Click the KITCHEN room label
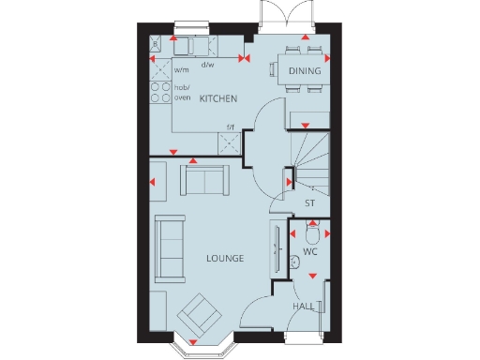[x=217, y=99]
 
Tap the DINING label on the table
[x=305, y=71]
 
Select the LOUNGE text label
[x=225, y=258]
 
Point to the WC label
[x=311, y=253]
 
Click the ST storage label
[x=309, y=203]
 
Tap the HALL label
[x=302, y=307]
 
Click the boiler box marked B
[x=156, y=42]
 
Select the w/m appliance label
[x=182, y=67]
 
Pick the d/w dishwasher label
[x=207, y=65]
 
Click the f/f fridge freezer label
[x=229, y=128]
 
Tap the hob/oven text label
[x=182, y=92]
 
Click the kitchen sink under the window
[x=193, y=45]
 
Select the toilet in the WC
[x=313, y=231]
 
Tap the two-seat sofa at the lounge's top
[x=205, y=178]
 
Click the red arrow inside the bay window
[x=195, y=339]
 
